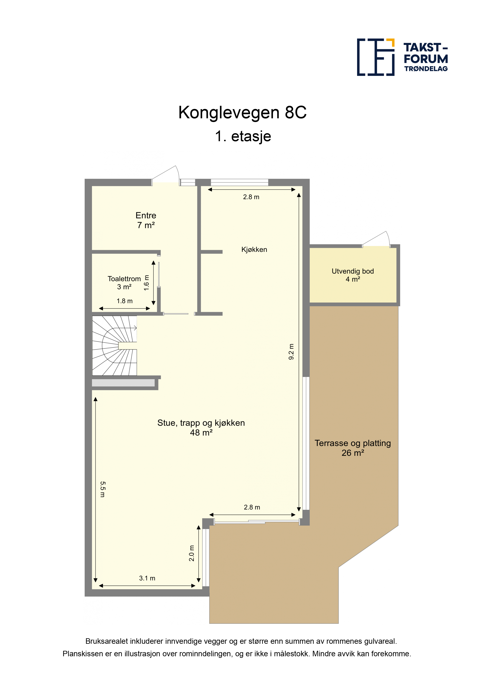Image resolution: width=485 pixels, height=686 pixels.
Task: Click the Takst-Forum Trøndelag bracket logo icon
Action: (376, 57)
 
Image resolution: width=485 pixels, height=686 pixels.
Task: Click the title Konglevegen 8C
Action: (242, 113)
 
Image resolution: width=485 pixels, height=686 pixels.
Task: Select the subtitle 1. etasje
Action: (243, 136)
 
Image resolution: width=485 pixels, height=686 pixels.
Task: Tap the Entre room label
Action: (146, 215)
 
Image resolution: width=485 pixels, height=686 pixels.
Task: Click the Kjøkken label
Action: (254, 250)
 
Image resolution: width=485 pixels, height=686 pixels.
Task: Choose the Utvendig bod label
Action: (353, 271)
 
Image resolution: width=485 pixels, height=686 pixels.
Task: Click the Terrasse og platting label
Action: (353, 443)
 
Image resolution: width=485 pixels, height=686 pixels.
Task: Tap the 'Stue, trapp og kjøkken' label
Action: (201, 423)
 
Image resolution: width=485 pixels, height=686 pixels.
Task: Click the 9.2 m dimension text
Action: (291, 352)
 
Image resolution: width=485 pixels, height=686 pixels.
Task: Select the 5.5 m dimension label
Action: (102, 489)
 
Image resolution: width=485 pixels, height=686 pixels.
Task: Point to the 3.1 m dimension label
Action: (147, 578)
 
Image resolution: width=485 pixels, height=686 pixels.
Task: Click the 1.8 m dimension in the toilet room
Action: (125, 301)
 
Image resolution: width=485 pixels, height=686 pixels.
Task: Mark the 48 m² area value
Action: (201, 433)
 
